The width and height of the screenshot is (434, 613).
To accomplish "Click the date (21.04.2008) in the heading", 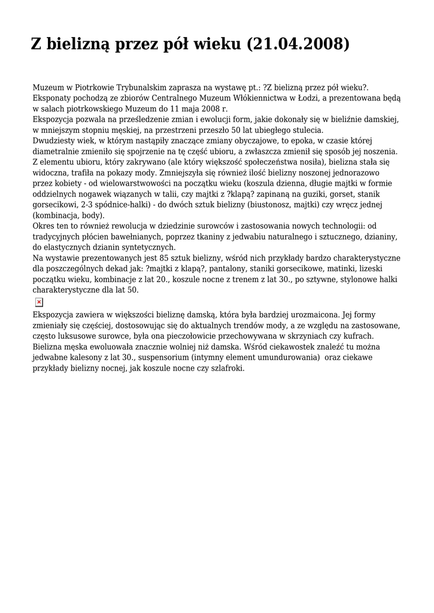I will (x=298, y=44).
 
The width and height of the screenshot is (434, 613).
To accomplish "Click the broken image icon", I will (x=39, y=302).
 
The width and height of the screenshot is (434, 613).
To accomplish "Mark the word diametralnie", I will (x=56, y=151).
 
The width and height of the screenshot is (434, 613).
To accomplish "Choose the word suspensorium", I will (x=164, y=357).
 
